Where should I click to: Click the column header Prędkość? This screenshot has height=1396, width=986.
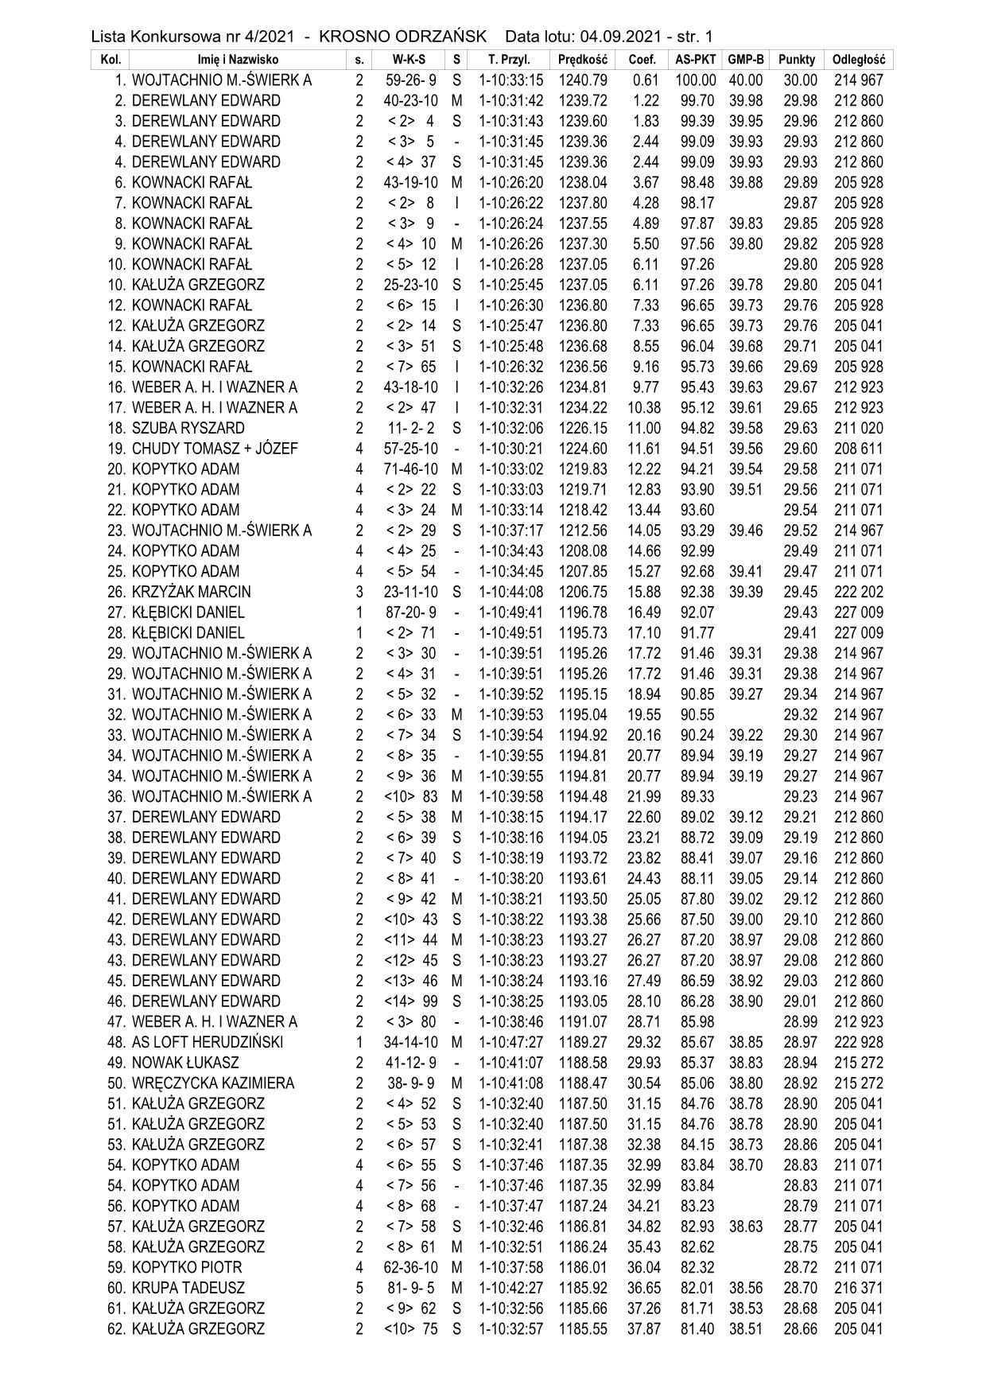[x=583, y=60]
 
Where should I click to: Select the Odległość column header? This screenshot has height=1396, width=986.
[x=859, y=60]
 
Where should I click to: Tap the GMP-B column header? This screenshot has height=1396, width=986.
[x=746, y=60]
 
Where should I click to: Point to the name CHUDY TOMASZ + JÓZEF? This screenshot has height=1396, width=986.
[x=215, y=449]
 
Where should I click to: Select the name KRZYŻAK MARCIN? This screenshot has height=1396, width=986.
[x=191, y=593]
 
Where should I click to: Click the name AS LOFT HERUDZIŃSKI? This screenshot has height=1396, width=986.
[x=208, y=1043]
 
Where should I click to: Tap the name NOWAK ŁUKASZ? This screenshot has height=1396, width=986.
[x=185, y=1064]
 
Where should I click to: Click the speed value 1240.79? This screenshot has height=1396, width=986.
[x=583, y=80]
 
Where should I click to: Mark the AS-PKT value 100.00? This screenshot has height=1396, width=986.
[x=695, y=80]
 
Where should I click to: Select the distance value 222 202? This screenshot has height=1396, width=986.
[x=858, y=593]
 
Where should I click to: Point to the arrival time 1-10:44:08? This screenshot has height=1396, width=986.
[x=511, y=593]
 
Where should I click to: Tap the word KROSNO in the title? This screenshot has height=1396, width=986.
[x=355, y=37]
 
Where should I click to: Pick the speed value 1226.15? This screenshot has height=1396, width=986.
[x=583, y=429]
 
